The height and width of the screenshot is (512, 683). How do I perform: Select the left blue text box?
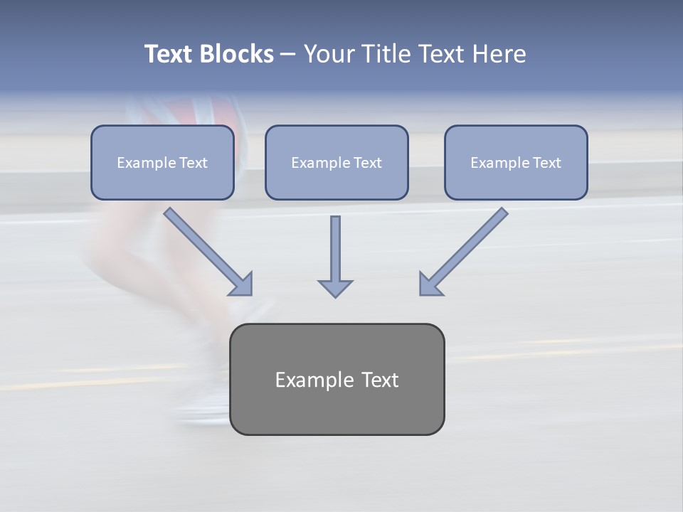pos(162,163)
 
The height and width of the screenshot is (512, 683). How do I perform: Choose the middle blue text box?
pos(337,163)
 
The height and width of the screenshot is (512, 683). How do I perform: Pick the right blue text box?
pos(516,163)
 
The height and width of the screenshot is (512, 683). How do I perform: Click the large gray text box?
pos(337,379)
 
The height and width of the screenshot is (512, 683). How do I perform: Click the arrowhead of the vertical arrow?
pos(335,288)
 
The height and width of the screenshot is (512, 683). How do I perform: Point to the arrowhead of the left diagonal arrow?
pos(242,284)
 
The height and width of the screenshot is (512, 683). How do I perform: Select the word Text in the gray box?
pos(379,380)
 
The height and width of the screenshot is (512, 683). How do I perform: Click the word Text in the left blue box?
pos(193,163)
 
